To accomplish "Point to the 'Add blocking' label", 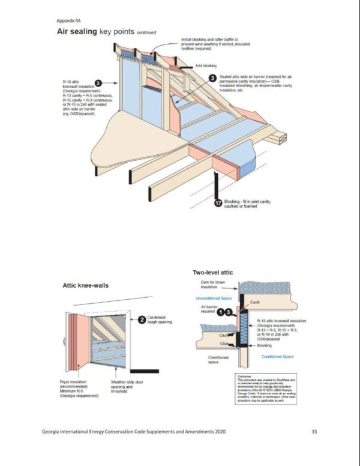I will [x=206, y=65].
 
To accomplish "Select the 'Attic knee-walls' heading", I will [x=86, y=286].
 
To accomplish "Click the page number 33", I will [x=314, y=432].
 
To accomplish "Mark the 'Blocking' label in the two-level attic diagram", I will [x=265, y=346].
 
